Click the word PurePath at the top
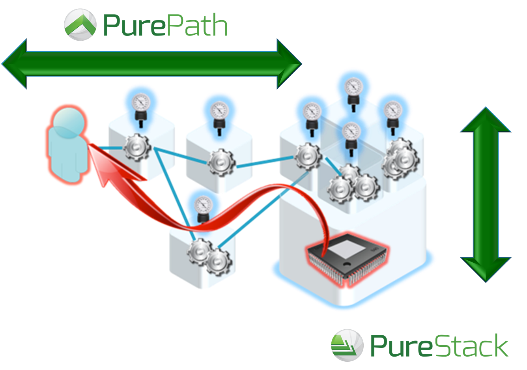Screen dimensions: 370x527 [165, 26]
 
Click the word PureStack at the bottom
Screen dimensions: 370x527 [439, 346]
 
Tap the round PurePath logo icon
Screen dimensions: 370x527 [80, 24]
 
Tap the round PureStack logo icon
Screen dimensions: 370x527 [347, 345]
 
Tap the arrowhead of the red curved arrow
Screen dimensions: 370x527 [101, 164]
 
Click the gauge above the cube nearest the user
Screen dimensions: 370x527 [140, 103]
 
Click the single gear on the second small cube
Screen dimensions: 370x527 [221, 163]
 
